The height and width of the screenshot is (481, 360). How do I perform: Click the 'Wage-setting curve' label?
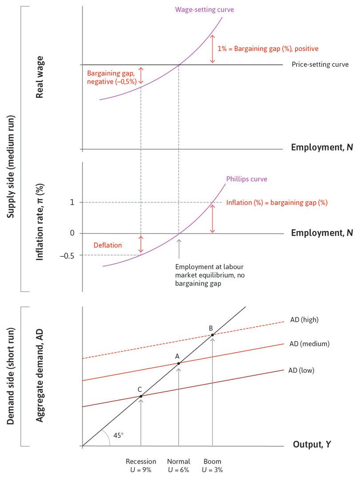[211, 9]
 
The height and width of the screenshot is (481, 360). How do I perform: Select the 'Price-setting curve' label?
[320, 64]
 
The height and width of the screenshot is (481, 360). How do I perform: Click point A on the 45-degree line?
[179, 363]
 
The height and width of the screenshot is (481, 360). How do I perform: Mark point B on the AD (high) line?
[212, 335]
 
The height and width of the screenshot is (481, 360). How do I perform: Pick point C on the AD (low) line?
[141, 396]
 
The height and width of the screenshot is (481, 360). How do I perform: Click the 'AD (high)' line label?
[304, 319]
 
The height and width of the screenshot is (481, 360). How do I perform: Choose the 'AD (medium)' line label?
[309, 343]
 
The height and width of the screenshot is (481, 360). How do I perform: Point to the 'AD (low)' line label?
[302, 370]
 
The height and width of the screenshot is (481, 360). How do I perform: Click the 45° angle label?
[118, 435]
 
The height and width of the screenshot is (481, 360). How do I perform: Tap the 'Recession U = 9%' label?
[141, 465]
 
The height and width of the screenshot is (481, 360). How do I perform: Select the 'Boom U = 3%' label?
[212, 465]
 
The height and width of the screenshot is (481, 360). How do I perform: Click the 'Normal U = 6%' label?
[179, 465]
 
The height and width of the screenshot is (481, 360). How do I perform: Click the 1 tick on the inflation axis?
[70, 203]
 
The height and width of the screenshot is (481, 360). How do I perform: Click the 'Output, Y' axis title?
[312, 444]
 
